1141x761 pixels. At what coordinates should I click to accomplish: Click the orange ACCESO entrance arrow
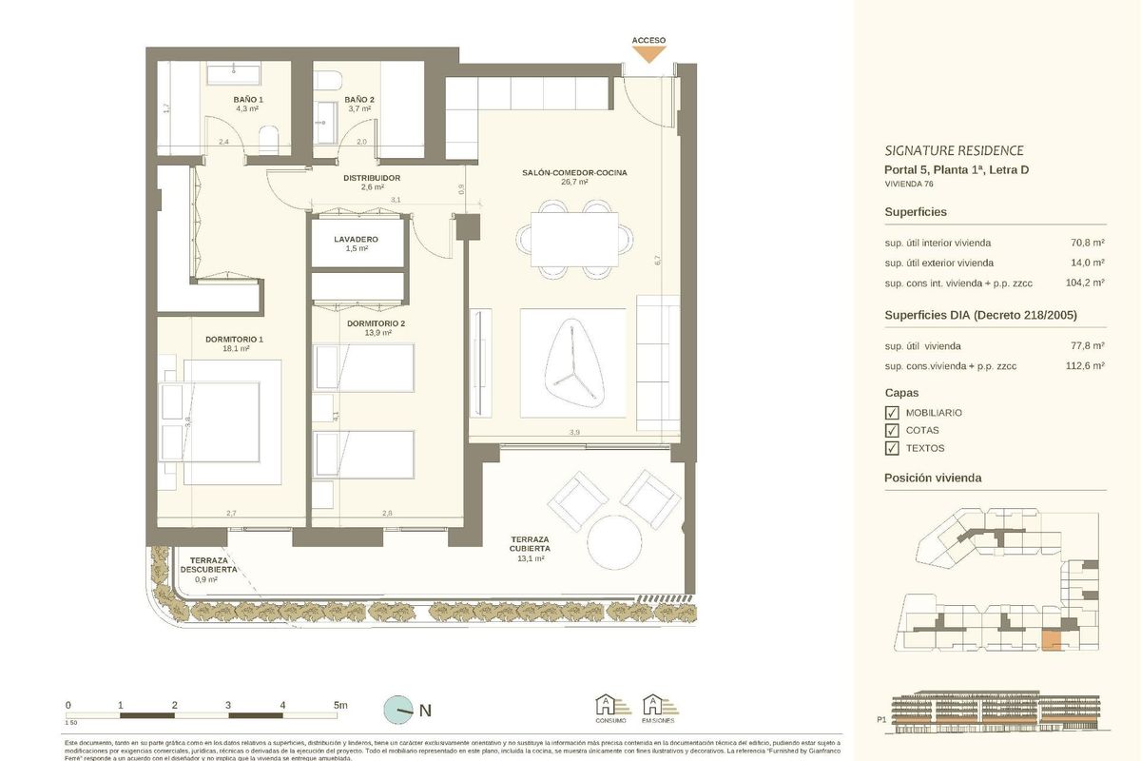(x=649, y=54)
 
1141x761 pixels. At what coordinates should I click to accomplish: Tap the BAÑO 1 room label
(x=247, y=99)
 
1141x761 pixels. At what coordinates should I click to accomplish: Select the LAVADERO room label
(x=356, y=239)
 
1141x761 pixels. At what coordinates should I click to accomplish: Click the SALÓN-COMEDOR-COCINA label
(x=574, y=173)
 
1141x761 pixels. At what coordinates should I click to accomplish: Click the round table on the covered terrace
(x=614, y=541)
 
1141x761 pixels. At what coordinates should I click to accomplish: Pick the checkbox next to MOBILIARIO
(x=892, y=413)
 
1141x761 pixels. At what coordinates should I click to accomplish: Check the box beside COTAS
(x=892, y=431)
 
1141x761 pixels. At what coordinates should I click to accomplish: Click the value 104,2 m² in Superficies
(x=1085, y=283)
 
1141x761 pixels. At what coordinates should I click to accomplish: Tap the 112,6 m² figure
(x=1085, y=365)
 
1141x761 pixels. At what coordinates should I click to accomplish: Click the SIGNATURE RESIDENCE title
(x=954, y=150)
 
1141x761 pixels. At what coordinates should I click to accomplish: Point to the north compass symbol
(x=398, y=709)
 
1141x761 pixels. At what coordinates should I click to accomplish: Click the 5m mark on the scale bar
(x=339, y=705)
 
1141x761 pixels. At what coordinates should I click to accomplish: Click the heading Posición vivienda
(x=933, y=478)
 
